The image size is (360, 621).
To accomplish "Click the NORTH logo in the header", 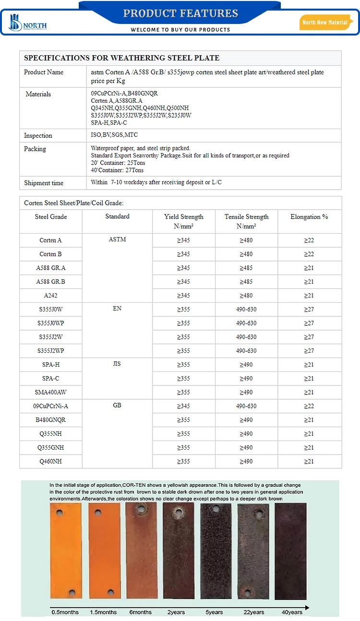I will pos(28,22).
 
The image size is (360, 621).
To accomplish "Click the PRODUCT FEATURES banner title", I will pos(180,13).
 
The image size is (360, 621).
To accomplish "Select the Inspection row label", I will pos(38,136).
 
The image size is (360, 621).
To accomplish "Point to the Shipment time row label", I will pos(44,183).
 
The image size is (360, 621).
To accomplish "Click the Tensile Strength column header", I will pos(247,221).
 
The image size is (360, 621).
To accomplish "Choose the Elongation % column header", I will pos(309,217).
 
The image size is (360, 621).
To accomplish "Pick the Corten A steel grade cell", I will pos(50,240).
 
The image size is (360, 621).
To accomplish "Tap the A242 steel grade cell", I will pos(50,296).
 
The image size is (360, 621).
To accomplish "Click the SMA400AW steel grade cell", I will pos(50,393).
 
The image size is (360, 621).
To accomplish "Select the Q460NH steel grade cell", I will pos(50,462).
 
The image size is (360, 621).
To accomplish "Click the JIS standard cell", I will pos(117,364).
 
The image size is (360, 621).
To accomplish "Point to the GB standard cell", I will pos(117,406).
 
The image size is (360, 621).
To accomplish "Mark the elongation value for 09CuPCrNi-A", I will pos(309,406).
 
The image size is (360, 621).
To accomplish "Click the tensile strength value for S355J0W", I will pos(246,310).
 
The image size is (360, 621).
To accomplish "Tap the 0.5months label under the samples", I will pos(64,612).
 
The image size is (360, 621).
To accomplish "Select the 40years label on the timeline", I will pos(292,612).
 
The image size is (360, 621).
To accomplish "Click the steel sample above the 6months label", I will pos(141,550).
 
